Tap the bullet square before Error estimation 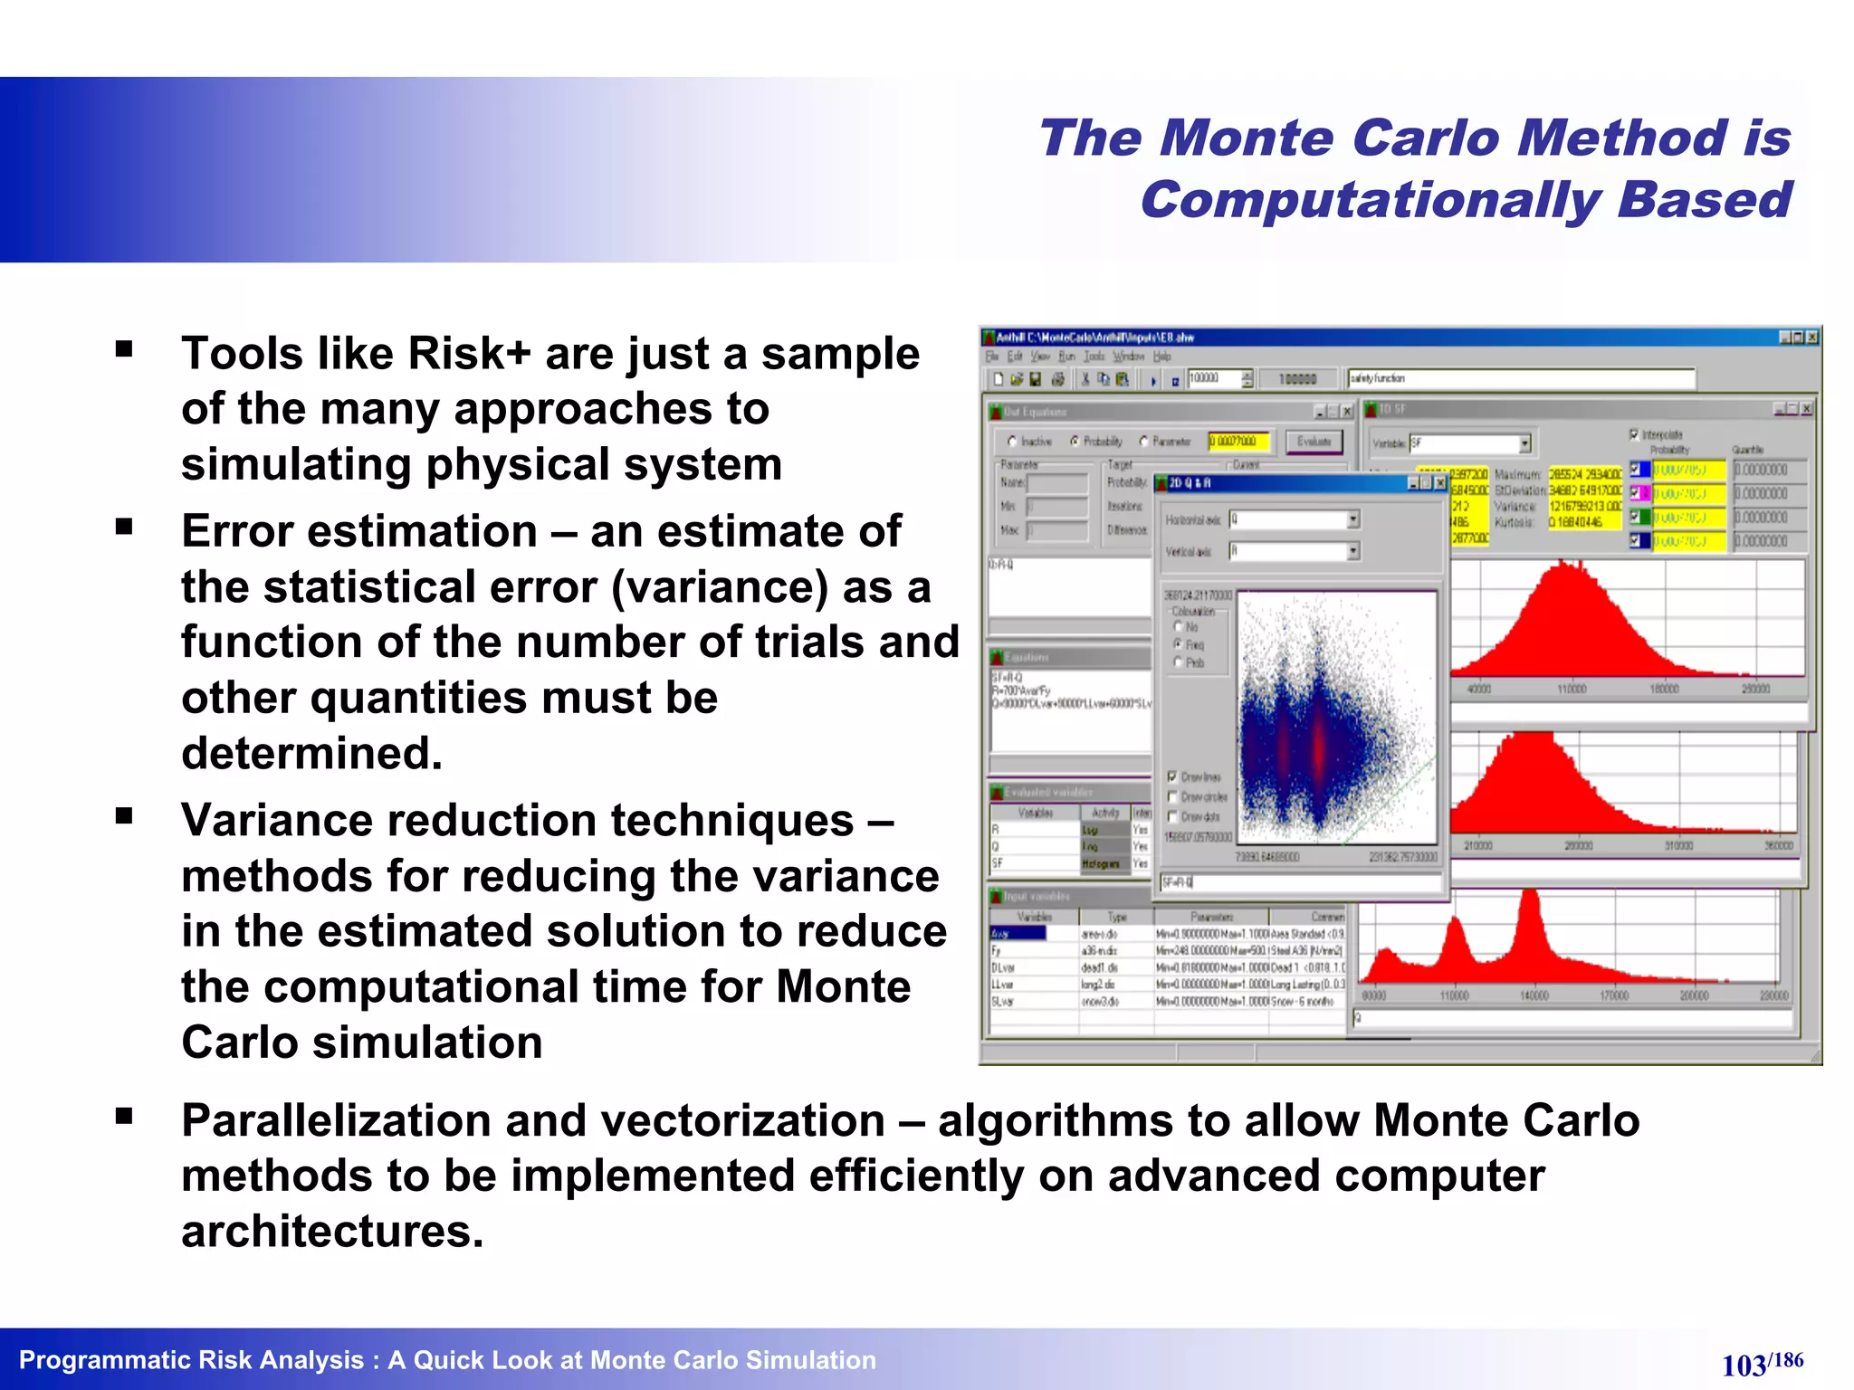124,527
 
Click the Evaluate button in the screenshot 1314,442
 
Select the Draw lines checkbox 1172,776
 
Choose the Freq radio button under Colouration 1179,643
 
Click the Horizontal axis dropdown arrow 1353,519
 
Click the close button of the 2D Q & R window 1440,483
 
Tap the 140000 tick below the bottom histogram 1534,995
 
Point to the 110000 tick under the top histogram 1572,690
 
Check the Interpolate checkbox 1634,434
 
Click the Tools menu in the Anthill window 1094,357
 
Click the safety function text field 1521,378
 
